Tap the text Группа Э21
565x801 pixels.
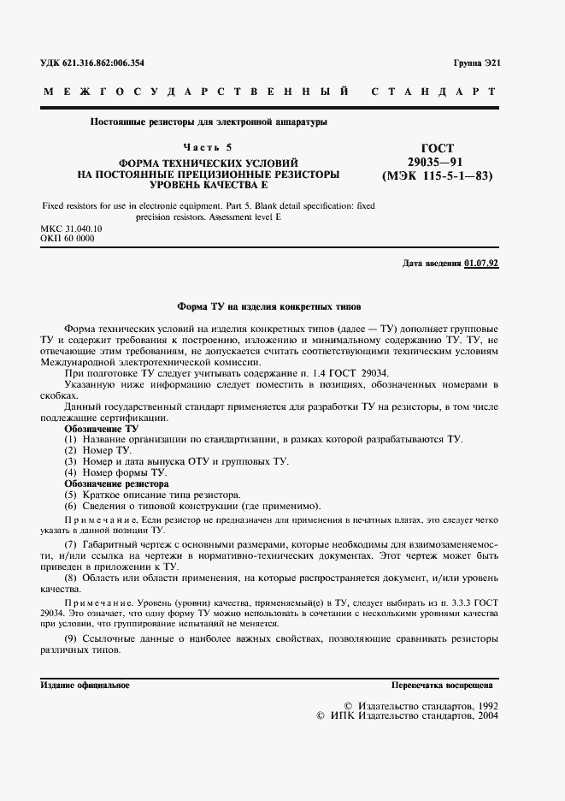click(x=477, y=64)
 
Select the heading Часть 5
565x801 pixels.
click(x=208, y=147)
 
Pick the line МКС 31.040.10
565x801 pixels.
click(x=72, y=229)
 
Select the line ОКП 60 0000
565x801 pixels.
click(x=68, y=239)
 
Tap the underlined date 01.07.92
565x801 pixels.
click(x=481, y=263)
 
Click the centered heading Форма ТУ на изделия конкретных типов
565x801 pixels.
click(x=269, y=305)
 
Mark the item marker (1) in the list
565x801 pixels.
click(x=71, y=439)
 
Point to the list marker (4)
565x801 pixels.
click(x=71, y=472)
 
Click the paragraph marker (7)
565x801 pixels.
click(x=71, y=544)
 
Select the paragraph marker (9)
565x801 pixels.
click(x=71, y=639)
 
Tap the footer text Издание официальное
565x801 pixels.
click(x=85, y=686)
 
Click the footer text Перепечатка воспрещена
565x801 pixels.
click(x=441, y=686)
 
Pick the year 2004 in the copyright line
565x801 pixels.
click(x=483, y=715)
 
